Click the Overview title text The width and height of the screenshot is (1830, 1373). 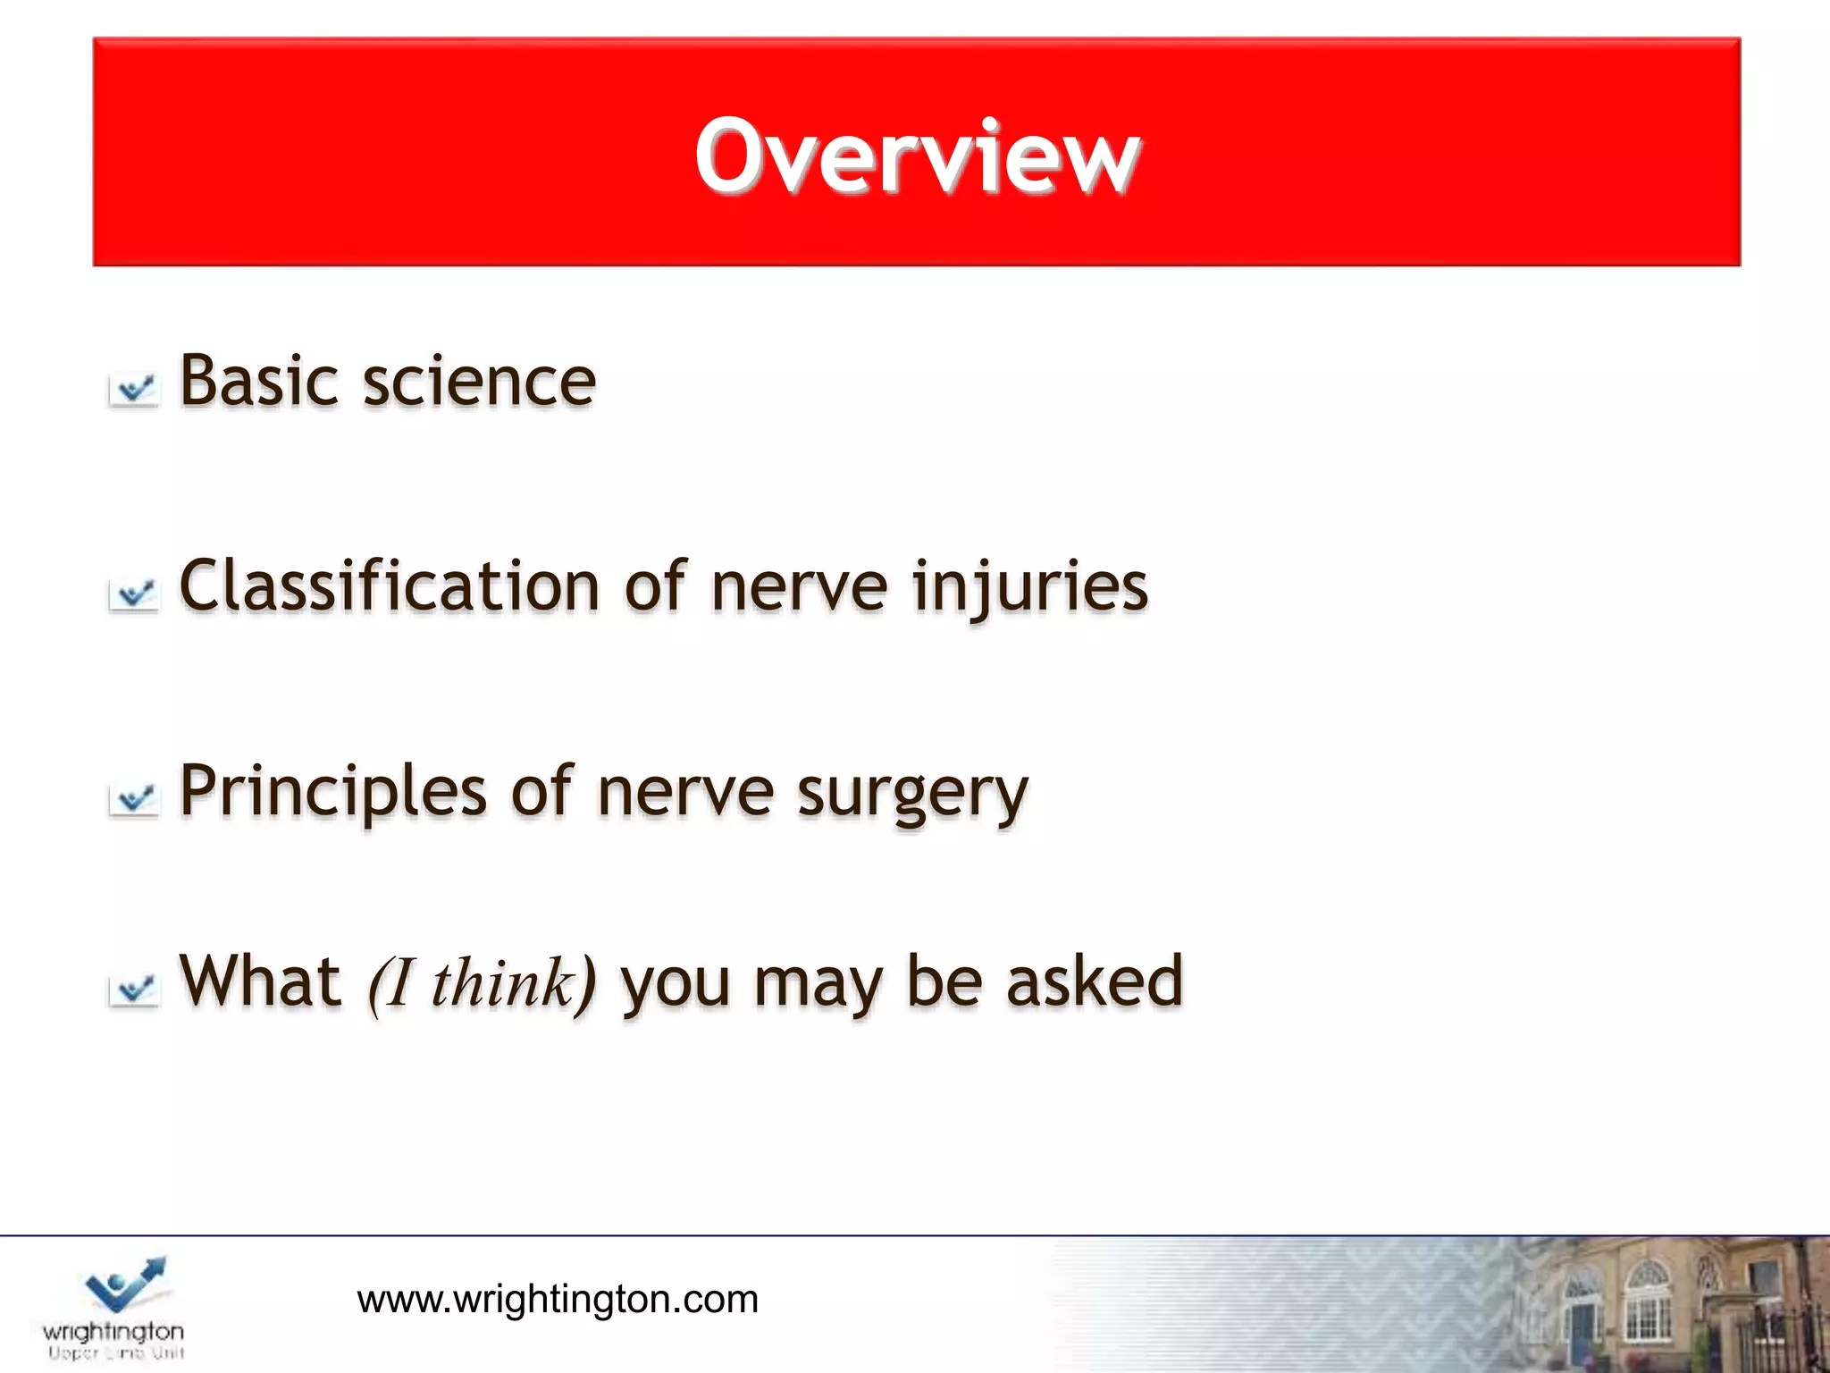(x=917, y=156)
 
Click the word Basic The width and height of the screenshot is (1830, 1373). (x=258, y=382)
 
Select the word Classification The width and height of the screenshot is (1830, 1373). (x=390, y=586)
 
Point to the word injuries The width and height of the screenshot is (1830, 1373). (x=1029, y=588)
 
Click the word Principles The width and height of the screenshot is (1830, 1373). (x=332, y=792)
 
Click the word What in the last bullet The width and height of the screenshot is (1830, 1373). (x=260, y=981)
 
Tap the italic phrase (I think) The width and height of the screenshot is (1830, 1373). (x=482, y=983)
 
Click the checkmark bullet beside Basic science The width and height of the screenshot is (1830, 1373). (x=134, y=391)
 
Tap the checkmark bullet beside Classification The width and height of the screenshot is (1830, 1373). (x=134, y=594)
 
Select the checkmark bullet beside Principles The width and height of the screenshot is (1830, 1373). (x=134, y=799)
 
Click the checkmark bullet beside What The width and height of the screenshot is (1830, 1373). (x=134, y=990)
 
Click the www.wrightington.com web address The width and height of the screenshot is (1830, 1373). (x=558, y=1299)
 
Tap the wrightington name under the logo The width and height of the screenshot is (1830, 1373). (x=113, y=1331)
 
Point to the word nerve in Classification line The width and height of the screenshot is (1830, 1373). (x=799, y=588)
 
